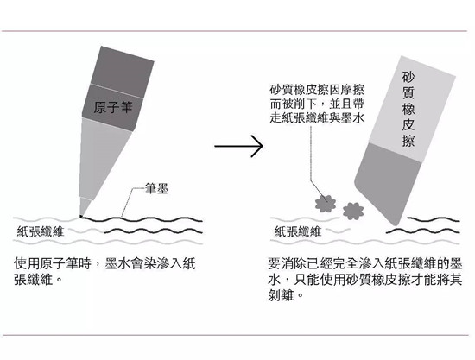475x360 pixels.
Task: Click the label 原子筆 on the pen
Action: (x=112, y=108)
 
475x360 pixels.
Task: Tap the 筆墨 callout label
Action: (x=156, y=188)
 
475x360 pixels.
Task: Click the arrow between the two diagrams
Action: (x=238, y=146)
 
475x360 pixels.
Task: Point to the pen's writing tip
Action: (x=81, y=216)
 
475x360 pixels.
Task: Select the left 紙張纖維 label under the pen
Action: (x=41, y=231)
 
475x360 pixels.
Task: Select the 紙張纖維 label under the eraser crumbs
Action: (x=297, y=231)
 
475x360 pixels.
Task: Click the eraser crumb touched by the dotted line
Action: (x=326, y=204)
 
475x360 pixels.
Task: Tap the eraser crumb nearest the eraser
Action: (x=353, y=211)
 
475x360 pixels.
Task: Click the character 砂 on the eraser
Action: (x=408, y=78)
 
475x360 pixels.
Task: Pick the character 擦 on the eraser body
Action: (x=408, y=141)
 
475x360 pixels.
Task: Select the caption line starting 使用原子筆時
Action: (x=104, y=263)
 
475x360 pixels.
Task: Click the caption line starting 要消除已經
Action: (x=365, y=263)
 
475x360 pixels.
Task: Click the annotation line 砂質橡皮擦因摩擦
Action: (x=317, y=91)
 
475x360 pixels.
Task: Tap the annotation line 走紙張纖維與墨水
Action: (x=317, y=117)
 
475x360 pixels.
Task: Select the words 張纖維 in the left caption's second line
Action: (x=34, y=279)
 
